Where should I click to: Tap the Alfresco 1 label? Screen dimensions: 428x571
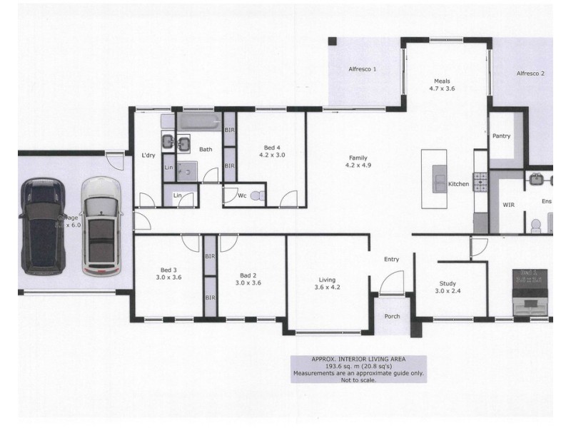click(362, 70)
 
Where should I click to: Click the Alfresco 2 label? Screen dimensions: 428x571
click(531, 73)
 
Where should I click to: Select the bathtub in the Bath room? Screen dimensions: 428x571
click(200, 121)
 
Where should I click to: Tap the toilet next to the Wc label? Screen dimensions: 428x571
click(258, 194)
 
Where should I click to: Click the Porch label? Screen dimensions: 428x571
click(391, 317)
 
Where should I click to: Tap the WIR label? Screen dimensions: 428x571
click(509, 204)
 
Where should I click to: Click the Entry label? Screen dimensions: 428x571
click(391, 260)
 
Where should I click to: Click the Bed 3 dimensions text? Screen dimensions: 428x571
click(168, 278)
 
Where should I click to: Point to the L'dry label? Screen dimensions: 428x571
click(148, 156)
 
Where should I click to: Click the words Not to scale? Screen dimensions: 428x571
click(358, 380)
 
